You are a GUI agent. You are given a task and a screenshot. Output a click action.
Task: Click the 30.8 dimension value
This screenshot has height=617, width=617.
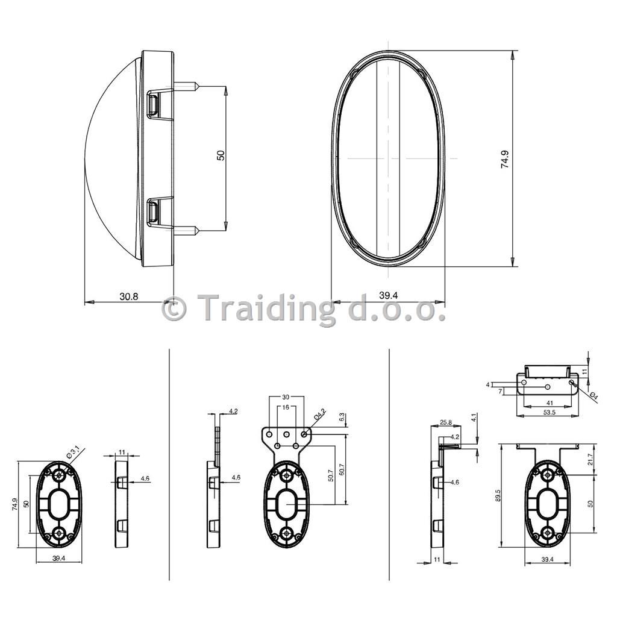(129, 296)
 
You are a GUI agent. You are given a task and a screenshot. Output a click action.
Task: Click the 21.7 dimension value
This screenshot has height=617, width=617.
(590, 459)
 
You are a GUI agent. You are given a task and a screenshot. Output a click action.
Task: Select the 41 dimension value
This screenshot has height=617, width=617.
(550, 403)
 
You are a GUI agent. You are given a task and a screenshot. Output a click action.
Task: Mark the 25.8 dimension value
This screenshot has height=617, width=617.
(445, 422)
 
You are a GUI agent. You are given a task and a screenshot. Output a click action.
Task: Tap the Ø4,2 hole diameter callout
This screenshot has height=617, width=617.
(319, 416)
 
